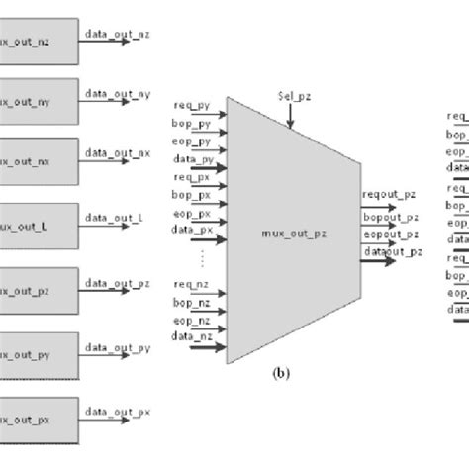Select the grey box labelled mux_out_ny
coord(37,101)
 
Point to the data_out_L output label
coord(115,216)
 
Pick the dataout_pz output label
coord(390,254)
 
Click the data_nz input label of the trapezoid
coord(192,338)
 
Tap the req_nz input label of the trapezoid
coord(191,287)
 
